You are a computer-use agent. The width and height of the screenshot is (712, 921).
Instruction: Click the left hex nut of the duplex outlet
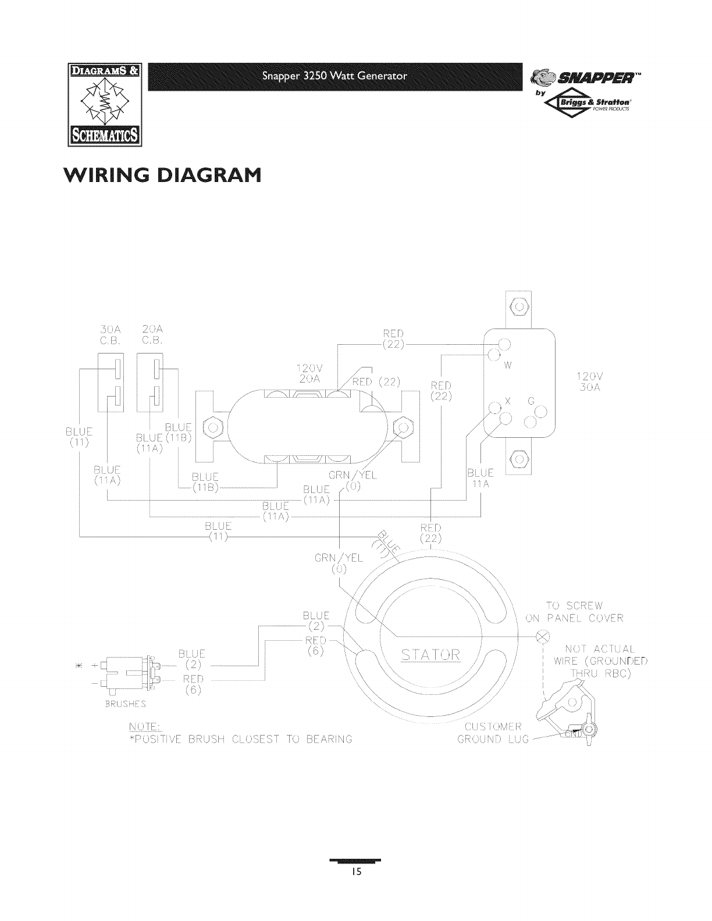(x=214, y=430)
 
